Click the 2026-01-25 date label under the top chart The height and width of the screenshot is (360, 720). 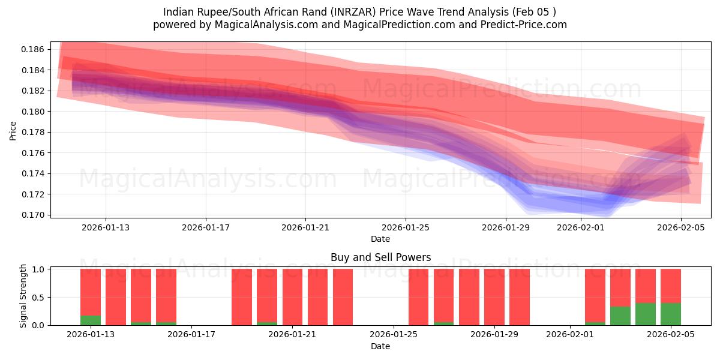(x=406, y=227)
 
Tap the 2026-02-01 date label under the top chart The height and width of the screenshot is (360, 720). (x=581, y=227)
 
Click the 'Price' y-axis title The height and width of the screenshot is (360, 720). (x=13, y=130)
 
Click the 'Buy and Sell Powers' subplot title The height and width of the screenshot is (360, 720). (x=380, y=257)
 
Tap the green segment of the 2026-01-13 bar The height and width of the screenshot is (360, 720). (x=91, y=320)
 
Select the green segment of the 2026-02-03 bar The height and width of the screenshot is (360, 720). (x=620, y=316)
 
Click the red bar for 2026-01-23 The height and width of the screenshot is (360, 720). (x=343, y=297)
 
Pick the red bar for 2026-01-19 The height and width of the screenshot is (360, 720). (x=242, y=297)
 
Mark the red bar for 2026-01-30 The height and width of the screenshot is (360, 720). (x=520, y=297)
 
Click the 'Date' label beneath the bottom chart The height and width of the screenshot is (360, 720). (x=380, y=346)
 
